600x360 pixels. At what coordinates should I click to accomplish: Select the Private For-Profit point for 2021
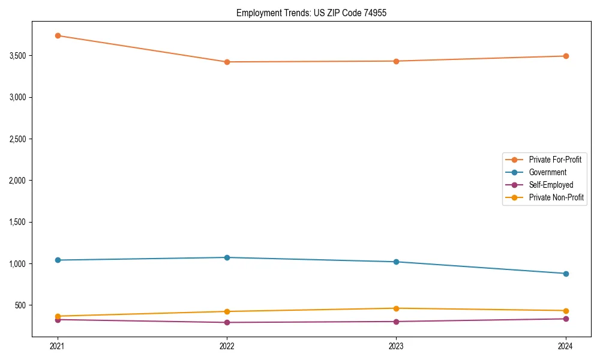tap(58, 35)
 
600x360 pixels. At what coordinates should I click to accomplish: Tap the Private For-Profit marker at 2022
tap(227, 62)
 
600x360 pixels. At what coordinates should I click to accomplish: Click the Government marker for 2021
tap(58, 260)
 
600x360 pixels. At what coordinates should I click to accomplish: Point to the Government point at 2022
tap(227, 257)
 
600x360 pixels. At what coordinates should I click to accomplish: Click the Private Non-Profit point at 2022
tap(227, 311)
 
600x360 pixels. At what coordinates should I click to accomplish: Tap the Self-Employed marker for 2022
tap(227, 322)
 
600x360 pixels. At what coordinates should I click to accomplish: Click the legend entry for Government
tap(547, 172)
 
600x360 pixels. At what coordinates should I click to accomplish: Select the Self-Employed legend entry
tap(551, 185)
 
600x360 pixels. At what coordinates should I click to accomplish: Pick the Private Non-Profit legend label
tap(556, 197)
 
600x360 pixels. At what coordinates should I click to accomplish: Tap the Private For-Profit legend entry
tap(555, 160)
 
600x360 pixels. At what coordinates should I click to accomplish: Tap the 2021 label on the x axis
tap(58, 346)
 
